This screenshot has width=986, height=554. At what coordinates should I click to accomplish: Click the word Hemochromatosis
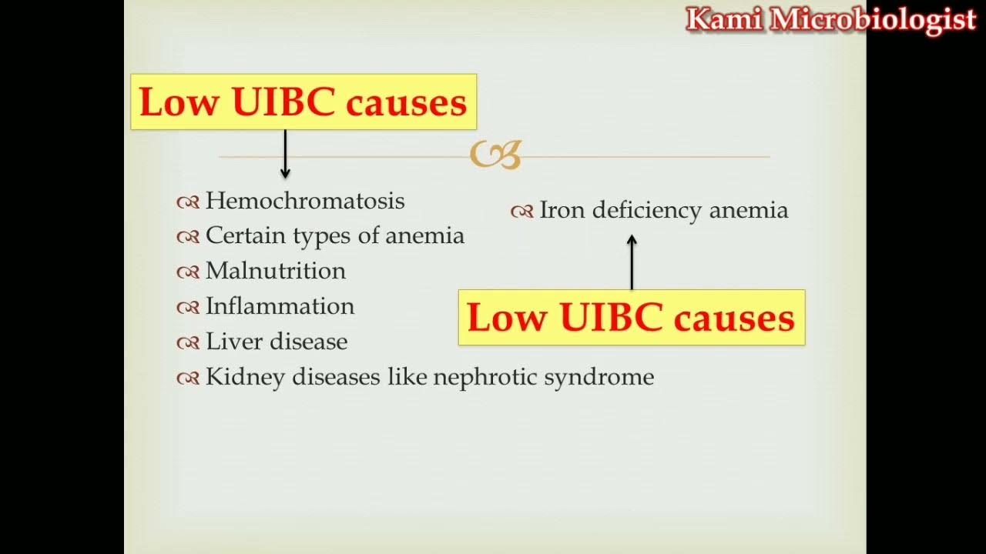304,201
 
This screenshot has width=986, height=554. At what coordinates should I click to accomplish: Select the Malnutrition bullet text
275,271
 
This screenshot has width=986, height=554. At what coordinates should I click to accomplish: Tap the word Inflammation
280,306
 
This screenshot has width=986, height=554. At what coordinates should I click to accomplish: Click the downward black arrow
285,155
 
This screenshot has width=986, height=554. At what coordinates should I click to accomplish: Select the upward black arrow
632,262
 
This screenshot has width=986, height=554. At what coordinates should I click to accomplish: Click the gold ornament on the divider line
495,155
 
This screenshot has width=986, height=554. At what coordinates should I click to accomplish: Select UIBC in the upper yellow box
283,102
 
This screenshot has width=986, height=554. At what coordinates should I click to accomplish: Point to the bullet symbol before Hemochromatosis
188,202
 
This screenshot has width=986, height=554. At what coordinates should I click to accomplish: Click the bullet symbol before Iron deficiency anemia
522,212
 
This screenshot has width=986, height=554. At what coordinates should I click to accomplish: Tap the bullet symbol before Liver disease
188,343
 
